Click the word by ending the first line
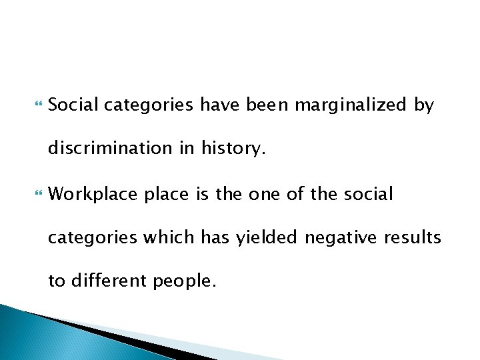(x=423, y=105)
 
